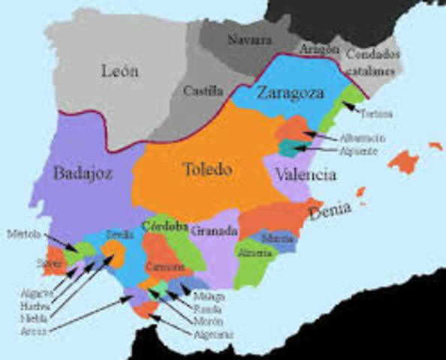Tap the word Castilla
pyautogui.click(x=203, y=91)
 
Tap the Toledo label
pyautogui.click(x=206, y=169)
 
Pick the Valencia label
pyautogui.click(x=305, y=175)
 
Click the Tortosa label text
pyautogui.click(x=375, y=115)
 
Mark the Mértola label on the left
pyautogui.click(x=24, y=234)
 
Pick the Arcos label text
pyautogui.click(x=34, y=330)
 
